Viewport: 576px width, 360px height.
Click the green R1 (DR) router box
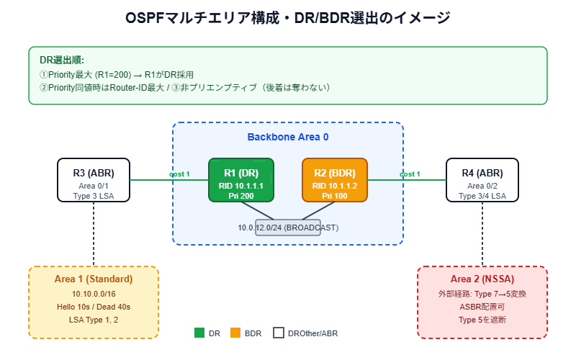pyautogui.click(x=241, y=180)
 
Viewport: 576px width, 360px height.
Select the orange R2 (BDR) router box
pyautogui.click(x=334, y=180)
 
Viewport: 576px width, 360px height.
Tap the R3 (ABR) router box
pyautogui.click(x=94, y=180)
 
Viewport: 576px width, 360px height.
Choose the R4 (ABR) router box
pyautogui.click(x=482, y=180)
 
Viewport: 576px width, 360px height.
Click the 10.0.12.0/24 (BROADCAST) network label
pyautogui.click(x=288, y=228)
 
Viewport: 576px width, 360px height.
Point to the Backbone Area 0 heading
pyautogui.click(x=288, y=137)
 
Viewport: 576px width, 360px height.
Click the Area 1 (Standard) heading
pyautogui.click(x=94, y=279)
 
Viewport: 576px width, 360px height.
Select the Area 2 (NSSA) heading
pyautogui.click(x=482, y=279)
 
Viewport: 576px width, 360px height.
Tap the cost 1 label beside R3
pyautogui.click(x=179, y=174)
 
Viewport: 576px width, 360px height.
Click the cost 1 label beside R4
pyautogui.click(x=410, y=174)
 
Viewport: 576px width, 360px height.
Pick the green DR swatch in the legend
pyautogui.click(x=199, y=333)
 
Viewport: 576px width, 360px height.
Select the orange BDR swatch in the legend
pyautogui.click(x=235, y=333)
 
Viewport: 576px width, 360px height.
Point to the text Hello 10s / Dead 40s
pyautogui.click(x=94, y=307)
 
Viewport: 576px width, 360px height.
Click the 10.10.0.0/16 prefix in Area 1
pyautogui.click(x=94, y=294)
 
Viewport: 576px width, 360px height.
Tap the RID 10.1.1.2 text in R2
pyautogui.click(x=334, y=186)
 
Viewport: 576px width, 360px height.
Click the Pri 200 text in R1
pyautogui.click(x=241, y=197)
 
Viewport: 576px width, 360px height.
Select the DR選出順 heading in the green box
pyautogui.click(x=61, y=60)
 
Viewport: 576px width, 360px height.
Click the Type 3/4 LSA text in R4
pyautogui.click(x=482, y=196)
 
